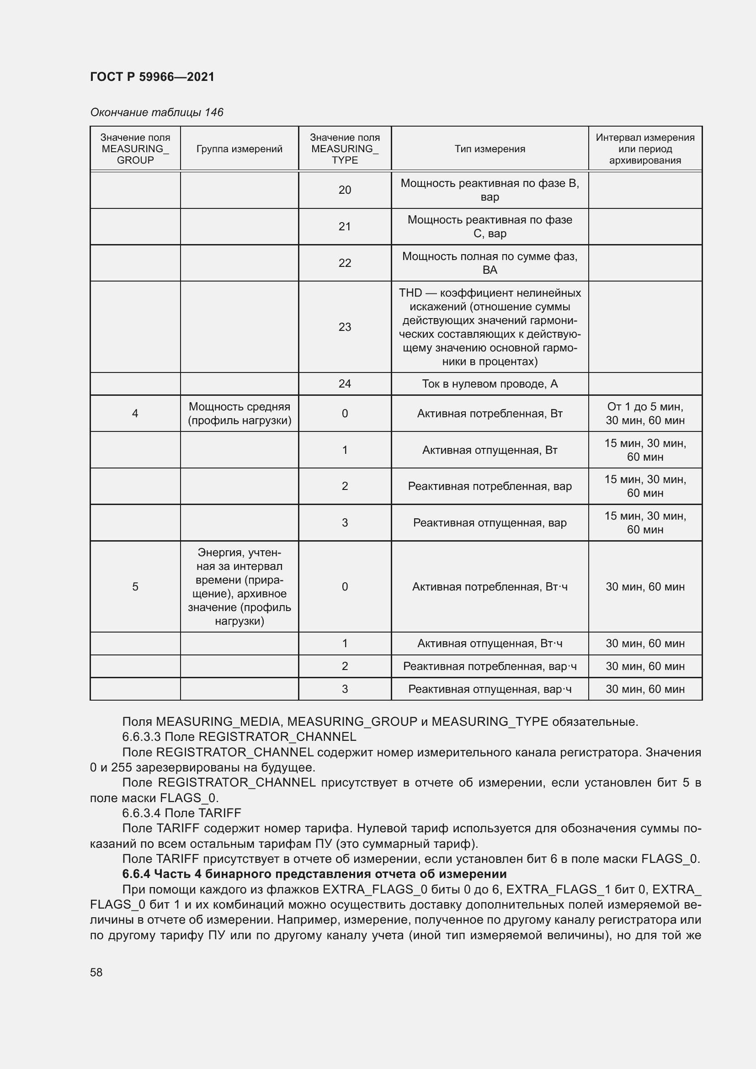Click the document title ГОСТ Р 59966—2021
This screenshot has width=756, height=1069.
152,77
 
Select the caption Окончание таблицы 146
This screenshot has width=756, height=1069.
156,112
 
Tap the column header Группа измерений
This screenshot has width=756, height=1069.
239,149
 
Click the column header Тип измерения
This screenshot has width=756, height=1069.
490,149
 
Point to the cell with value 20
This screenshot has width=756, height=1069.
345,190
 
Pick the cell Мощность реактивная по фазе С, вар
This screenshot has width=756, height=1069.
490,226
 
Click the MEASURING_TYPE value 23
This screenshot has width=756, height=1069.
345,327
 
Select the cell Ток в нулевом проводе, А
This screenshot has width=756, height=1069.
490,383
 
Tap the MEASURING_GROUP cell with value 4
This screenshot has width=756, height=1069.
135,414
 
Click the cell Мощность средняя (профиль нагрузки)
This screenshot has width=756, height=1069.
239,414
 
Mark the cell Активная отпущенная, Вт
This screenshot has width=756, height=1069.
490,450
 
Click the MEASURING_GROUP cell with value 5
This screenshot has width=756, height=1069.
135,587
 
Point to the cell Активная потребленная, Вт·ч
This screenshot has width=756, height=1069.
490,587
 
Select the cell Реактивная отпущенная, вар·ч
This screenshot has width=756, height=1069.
490,689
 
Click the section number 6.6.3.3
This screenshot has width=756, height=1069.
142,737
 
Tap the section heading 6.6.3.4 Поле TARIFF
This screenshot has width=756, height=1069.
181,813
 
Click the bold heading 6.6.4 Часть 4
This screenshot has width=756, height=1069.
314,873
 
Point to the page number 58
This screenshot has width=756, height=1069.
96,972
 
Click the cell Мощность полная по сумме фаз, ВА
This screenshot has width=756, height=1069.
490,263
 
